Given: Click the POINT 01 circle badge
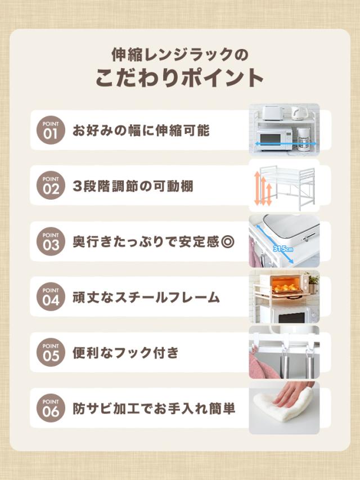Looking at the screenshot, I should [x=51, y=130].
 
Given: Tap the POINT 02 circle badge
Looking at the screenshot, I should [x=51, y=186].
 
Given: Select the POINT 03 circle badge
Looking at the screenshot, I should [x=51, y=241].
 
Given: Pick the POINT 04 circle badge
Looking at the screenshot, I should [x=51, y=297].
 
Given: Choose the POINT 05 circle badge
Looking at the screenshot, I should [x=51, y=352].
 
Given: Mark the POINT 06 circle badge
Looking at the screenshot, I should [x=51, y=407].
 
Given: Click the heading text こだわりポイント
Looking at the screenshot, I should [x=179, y=78].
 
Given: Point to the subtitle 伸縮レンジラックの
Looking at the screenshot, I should [x=179, y=55].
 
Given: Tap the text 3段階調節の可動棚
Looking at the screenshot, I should [x=133, y=186].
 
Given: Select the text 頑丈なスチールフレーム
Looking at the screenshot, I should [x=146, y=297].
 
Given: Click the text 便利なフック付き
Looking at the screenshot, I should [x=125, y=353].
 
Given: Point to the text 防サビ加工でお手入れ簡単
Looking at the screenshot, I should [x=154, y=408].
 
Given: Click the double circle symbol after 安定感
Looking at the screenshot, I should [x=228, y=242].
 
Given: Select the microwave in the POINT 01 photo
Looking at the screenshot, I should [x=274, y=138].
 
